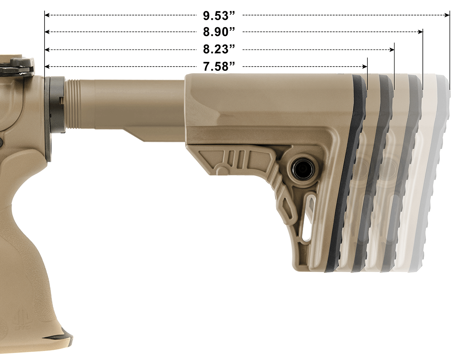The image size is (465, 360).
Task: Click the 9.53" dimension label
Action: [x=219, y=15]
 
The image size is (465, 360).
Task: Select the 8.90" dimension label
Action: [x=219, y=32]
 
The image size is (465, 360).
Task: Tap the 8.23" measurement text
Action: [x=219, y=50]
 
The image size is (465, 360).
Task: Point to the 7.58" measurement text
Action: [x=219, y=67]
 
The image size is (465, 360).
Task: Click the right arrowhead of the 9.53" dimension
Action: [x=447, y=15]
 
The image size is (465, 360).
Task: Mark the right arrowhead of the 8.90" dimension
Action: [x=420, y=32]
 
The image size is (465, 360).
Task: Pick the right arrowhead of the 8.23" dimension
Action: [x=392, y=50]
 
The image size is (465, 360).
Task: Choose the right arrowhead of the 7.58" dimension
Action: [x=365, y=67]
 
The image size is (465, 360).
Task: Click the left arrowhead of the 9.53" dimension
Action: [x=47, y=15]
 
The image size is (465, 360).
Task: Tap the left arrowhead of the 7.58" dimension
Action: [x=47, y=67]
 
